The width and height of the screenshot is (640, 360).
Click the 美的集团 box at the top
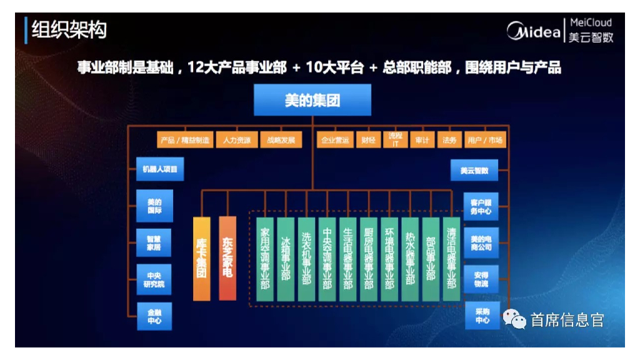click(x=312, y=100)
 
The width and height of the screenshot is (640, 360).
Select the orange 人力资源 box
click(x=236, y=140)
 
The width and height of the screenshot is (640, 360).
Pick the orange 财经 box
click(x=368, y=140)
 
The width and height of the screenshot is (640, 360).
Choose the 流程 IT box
click(x=395, y=139)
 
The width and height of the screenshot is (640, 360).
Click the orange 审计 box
click(x=422, y=140)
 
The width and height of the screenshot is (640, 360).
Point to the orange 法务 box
click(x=449, y=140)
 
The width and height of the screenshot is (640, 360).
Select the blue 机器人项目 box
click(x=160, y=169)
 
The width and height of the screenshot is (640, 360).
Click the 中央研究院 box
click(x=154, y=279)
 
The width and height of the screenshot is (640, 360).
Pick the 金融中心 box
click(x=154, y=316)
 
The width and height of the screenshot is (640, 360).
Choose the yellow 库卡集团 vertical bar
click(x=202, y=258)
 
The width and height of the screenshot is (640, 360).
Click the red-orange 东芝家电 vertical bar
click(x=227, y=258)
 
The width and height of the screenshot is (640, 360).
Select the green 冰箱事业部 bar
click(x=286, y=259)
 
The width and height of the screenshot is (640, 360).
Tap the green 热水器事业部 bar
click(x=410, y=259)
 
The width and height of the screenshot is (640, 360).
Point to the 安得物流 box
click(x=481, y=279)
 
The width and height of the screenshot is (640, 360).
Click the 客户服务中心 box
click(x=481, y=206)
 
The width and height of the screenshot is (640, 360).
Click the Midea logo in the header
click(x=533, y=31)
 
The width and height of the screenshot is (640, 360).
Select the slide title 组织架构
click(x=69, y=30)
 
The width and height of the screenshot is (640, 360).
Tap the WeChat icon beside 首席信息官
click(x=516, y=321)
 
